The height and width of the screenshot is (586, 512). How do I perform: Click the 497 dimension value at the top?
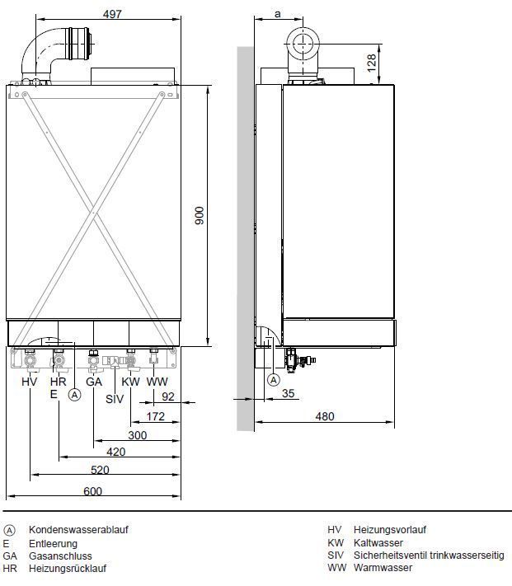[112, 14]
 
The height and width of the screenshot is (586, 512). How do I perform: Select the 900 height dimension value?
[200, 215]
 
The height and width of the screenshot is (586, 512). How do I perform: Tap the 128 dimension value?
[372, 63]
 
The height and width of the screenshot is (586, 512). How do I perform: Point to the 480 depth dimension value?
[324, 416]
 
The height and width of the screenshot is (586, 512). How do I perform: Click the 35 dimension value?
[288, 393]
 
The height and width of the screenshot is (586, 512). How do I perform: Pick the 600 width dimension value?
[92, 490]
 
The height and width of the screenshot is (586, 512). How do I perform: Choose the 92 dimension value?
[168, 396]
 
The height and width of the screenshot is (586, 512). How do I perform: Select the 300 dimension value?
[137, 435]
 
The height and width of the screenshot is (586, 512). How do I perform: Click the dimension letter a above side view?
[277, 14]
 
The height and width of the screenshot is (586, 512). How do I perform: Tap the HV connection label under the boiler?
[29, 382]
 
